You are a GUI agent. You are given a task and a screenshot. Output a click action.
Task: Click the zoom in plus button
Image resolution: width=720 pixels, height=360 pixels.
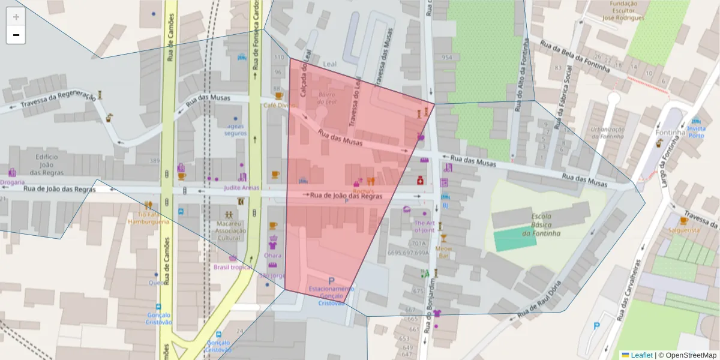click(x=16, y=17)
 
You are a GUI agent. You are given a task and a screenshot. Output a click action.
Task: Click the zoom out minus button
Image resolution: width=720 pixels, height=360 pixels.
click(x=16, y=35)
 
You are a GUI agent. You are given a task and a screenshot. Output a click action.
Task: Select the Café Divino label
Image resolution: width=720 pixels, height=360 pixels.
click(x=280, y=105)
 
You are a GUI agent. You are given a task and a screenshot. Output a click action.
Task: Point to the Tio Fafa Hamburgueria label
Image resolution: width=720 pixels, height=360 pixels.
click(x=148, y=217)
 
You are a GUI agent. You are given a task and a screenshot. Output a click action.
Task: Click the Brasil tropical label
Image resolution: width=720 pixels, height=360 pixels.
click(x=232, y=267)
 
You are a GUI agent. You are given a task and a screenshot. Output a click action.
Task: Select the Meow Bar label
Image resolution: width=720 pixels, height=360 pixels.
click(x=443, y=251)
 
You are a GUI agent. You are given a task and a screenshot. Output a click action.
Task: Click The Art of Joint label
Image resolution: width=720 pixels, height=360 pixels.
click(x=424, y=226)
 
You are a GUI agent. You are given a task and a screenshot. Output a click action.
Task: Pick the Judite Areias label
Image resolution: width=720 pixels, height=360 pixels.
click(x=241, y=187)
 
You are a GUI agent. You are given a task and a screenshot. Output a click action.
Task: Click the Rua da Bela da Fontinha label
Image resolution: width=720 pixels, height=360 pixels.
click(x=575, y=56)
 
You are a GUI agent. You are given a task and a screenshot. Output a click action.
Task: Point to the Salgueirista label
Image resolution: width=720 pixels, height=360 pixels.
click(x=684, y=230)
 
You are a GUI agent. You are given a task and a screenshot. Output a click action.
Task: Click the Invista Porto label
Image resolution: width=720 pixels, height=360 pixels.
click(x=696, y=131)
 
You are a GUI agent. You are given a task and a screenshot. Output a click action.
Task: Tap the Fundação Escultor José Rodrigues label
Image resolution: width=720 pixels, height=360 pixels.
click(x=627, y=10)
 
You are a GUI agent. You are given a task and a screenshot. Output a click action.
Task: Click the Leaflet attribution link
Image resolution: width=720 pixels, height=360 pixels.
click(x=641, y=355)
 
